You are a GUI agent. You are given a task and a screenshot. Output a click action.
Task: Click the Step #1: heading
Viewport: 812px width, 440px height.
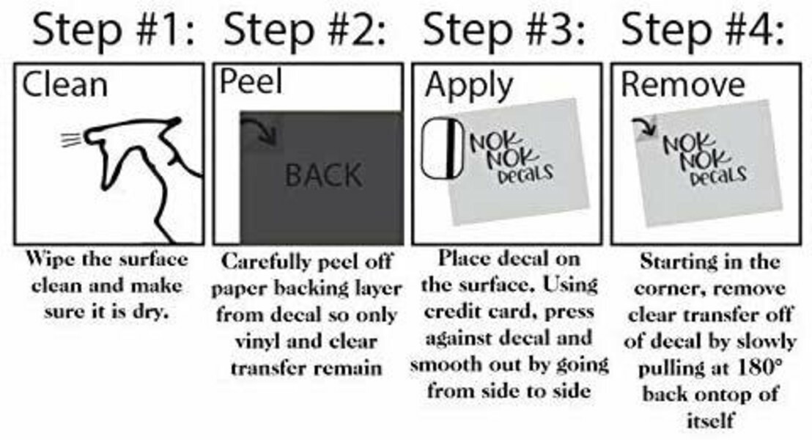[x=112, y=29]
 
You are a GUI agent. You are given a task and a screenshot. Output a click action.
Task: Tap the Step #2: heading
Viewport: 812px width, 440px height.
[x=305, y=29]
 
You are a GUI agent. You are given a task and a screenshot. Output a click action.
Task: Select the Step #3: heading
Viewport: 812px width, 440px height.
[x=503, y=29]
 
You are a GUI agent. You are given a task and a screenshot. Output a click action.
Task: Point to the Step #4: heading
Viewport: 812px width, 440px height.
[x=702, y=29]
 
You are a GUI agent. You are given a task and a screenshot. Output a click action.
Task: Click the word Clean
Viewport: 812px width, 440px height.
[x=64, y=84]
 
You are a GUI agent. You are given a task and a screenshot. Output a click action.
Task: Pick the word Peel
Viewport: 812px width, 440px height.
[x=251, y=81]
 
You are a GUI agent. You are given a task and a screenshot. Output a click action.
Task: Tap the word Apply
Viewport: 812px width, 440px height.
[x=469, y=86]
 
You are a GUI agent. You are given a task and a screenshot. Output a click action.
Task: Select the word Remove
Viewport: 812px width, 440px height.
[x=682, y=84]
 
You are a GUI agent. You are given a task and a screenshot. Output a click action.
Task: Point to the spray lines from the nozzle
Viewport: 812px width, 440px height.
[x=71, y=139]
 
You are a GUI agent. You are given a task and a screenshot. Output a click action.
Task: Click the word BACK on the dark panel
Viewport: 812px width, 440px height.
[x=323, y=175]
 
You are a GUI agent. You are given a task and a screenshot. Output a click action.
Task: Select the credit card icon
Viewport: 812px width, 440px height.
[x=442, y=150]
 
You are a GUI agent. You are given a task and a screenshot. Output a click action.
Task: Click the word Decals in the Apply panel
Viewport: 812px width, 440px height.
[x=525, y=175]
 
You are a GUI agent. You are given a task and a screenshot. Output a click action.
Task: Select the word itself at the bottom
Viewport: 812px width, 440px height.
[x=710, y=419]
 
